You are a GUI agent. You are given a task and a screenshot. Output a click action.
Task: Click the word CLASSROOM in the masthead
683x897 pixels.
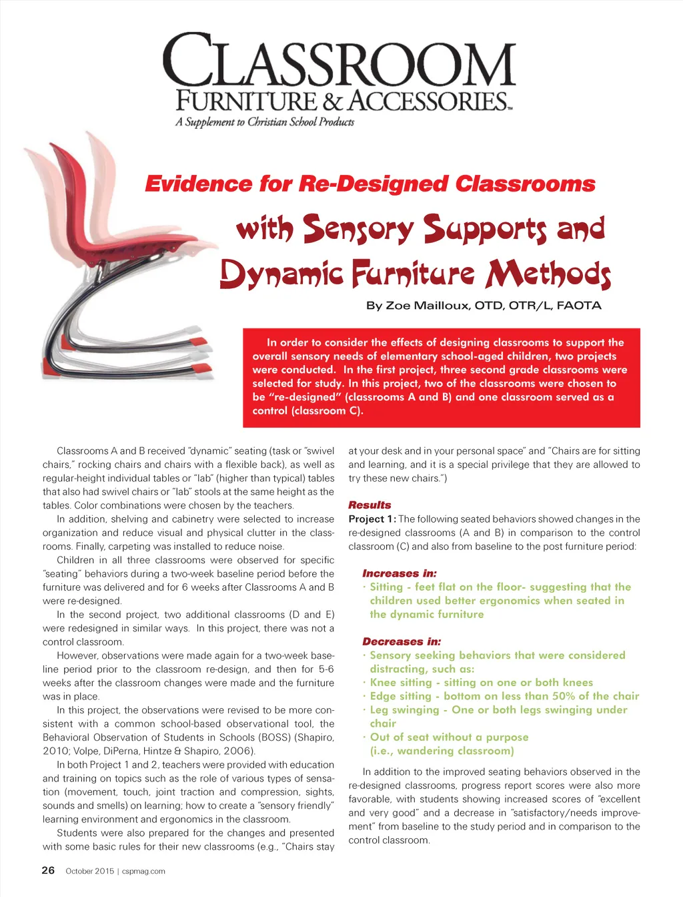pyautogui.click(x=339, y=61)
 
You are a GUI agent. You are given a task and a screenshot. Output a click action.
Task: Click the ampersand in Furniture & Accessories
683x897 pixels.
pyautogui.click(x=332, y=101)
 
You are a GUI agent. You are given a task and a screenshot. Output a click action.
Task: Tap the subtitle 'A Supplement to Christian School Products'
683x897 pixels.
pyautogui.click(x=265, y=122)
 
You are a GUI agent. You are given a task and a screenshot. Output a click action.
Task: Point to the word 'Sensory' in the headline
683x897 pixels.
pyautogui.click(x=358, y=229)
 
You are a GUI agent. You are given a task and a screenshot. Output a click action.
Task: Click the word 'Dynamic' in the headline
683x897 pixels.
pyautogui.click(x=282, y=274)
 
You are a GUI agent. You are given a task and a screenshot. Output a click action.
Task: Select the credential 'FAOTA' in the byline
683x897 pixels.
pyautogui.click(x=578, y=306)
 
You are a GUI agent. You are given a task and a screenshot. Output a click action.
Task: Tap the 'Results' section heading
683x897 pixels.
pyautogui.click(x=370, y=505)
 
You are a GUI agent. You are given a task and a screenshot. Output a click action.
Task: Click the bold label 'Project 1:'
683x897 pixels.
pyautogui.click(x=372, y=519)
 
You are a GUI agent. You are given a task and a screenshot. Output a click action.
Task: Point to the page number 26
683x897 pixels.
pyautogui.click(x=48, y=870)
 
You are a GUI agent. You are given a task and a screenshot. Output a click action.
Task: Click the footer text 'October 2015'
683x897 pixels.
pyautogui.click(x=90, y=871)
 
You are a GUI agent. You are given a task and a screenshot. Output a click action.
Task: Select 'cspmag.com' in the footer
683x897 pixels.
pyautogui.click(x=143, y=871)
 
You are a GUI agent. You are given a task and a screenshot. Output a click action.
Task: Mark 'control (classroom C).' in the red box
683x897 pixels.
pyautogui.click(x=307, y=410)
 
